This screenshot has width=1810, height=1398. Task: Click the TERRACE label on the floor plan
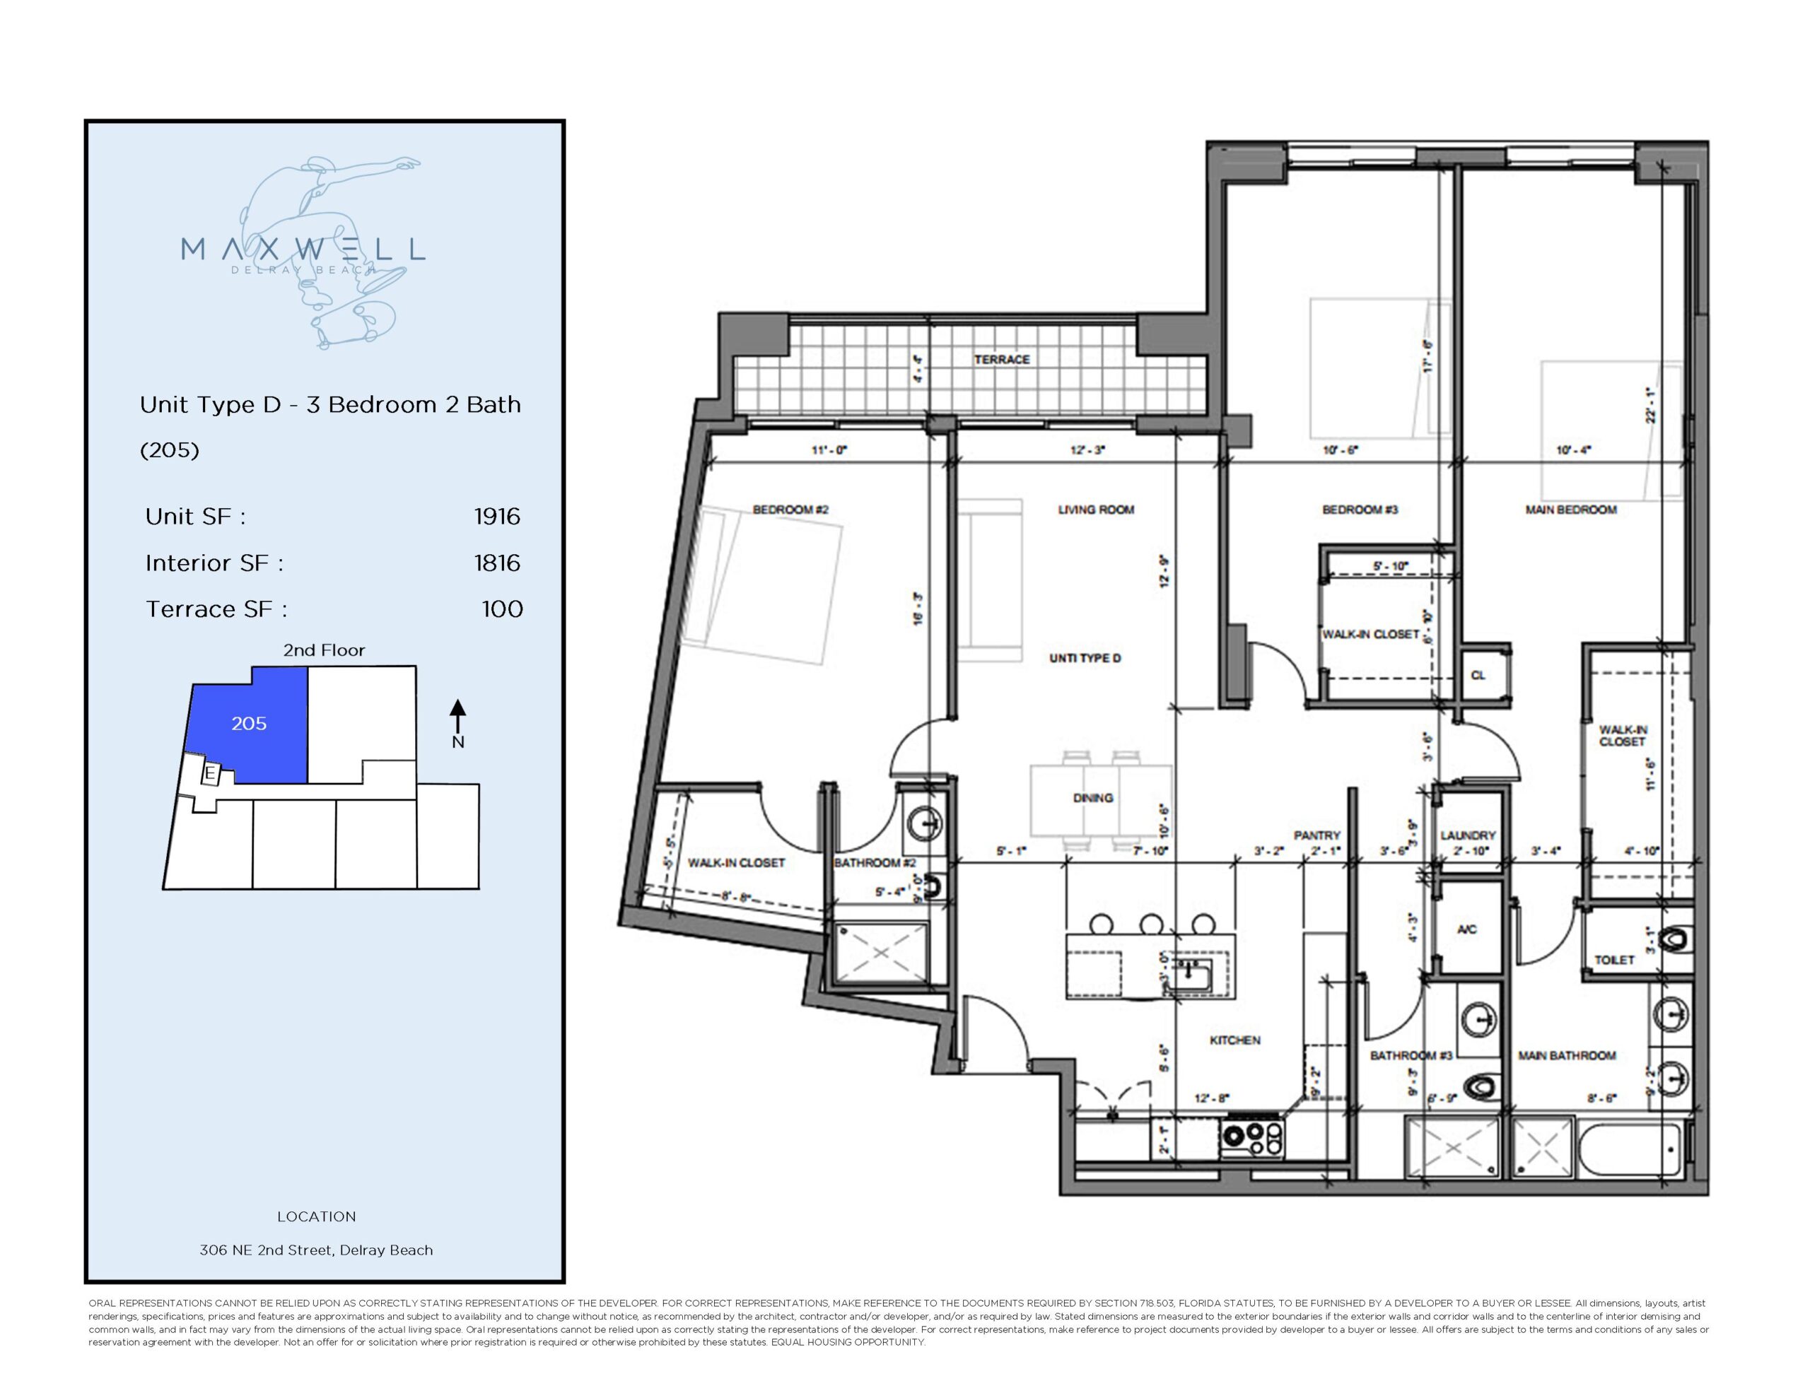(1001, 359)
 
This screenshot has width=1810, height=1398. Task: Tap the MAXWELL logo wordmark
(303, 249)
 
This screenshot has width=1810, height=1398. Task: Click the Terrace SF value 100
(502, 609)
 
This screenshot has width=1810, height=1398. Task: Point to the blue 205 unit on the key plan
(249, 724)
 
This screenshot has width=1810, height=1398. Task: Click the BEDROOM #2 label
(790, 510)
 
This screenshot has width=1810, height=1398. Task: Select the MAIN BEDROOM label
(1570, 510)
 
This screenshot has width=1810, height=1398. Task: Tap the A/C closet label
(1467, 930)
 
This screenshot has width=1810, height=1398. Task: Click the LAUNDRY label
(1468, 835)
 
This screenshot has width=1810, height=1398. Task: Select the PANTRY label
(1317, 835)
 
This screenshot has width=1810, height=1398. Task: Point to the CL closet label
(1478, 676)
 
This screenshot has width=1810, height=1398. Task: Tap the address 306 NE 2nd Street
(316, 1250)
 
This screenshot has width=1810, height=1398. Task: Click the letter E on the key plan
(210, 774)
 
